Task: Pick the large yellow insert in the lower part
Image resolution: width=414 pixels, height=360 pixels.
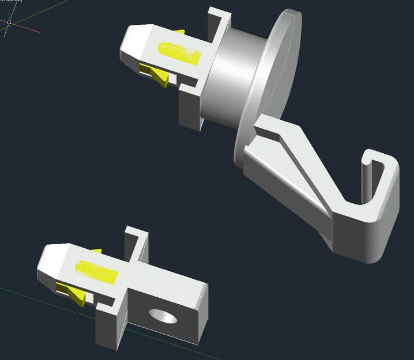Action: [97, 270]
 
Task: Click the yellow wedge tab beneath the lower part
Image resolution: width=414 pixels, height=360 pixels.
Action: [76, 293]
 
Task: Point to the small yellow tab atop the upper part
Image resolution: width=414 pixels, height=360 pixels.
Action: [179, 32]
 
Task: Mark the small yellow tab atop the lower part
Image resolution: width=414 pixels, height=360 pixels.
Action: [97, 251]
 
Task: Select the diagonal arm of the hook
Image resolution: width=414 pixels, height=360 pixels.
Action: [300, 167]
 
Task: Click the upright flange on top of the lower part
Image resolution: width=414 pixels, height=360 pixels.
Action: [136, 242]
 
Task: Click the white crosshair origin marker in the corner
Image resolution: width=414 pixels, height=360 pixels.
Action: [9, 23]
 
